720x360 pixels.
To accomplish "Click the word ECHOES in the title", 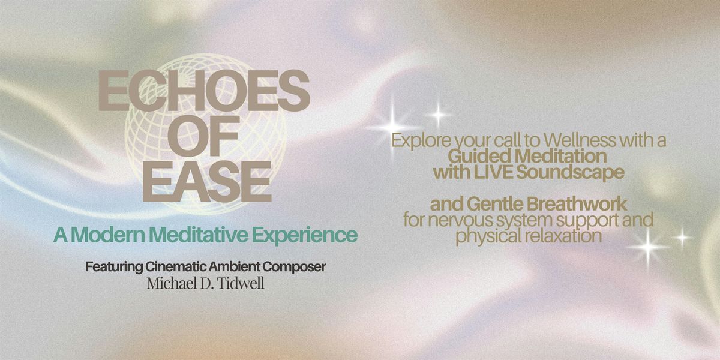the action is click(x=204, y=91).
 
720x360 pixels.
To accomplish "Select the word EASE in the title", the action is click(x=207, y=182).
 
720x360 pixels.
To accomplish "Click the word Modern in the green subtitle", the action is click(x=108, y=235).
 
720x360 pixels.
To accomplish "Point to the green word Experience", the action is click(x=305, y=236).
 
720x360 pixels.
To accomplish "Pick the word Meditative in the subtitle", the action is click(x=199, y=235).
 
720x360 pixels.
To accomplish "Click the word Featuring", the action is click(x=114, y=267).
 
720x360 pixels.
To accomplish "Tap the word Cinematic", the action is click(x=176, y=267).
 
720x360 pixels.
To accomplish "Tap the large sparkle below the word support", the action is click(x=649, y=247).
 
